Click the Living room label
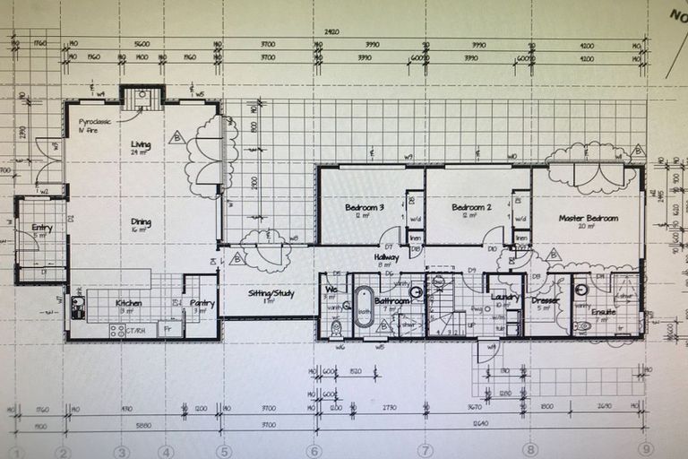point(141,144)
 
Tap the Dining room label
point(141,222)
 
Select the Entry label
point(42,228)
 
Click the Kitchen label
point(128,303)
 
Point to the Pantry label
point(202,303)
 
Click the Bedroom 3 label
point(365,208)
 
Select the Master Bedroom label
point(589,218)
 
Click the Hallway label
point(387,257)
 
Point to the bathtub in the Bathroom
point(364,307)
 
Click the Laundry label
point(506,298)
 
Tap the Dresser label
point(545,300)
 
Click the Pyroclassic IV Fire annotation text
point(93,126)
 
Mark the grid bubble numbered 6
point(313,451)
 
